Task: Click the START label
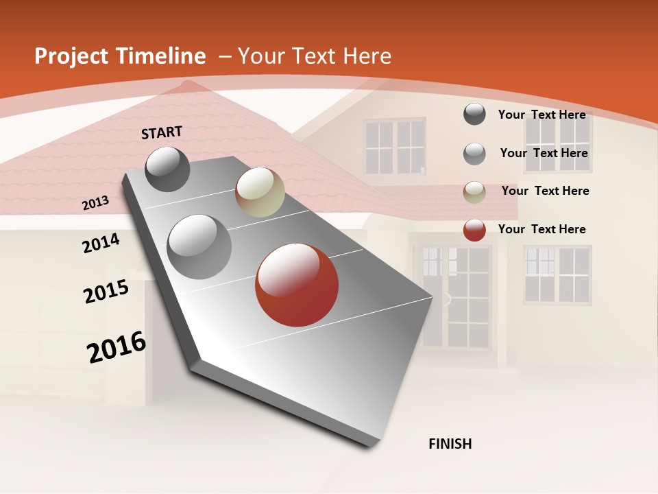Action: (x=162, y=132)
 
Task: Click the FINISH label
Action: (x=450, y=444)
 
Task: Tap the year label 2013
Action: (x=95, y=203)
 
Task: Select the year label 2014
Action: (x=101, y=244)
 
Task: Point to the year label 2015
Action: (x=106, y=291)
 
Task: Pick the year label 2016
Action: (x=117, y=347)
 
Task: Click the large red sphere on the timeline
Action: (x=297, y=285)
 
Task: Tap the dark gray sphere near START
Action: (x=167, y=169)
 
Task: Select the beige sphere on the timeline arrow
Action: (x=260, y=192)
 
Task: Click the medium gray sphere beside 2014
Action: (x=199, y=246)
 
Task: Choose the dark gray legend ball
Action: (x=474, y=114)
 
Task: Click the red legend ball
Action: (x=474, y=230)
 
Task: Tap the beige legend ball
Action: (x=474, y=192)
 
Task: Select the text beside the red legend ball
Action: (x=541, y=229)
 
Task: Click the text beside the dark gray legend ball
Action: (x=541, y=115)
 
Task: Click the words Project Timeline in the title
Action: (x=120, y=56)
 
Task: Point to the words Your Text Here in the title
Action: (x=315, y=56)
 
